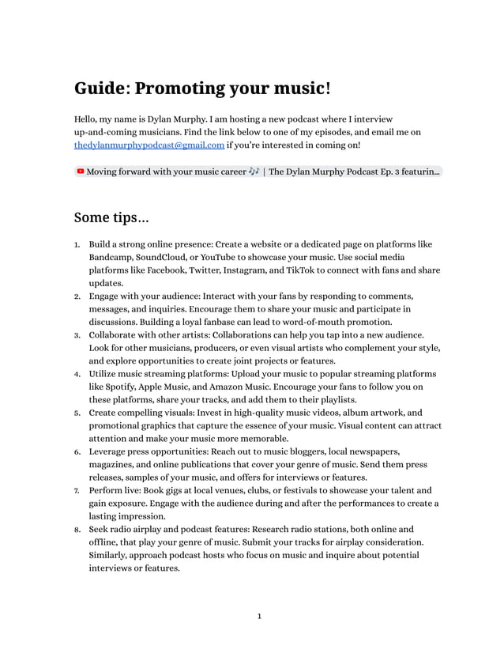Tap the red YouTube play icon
point(80,172)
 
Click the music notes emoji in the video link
point(253,172)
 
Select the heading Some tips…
point(111,217)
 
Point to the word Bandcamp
point(110,258)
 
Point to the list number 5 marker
point(77,413)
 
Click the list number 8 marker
point(77,529)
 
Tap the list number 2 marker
point(77,296)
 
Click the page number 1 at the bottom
point(259,617)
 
